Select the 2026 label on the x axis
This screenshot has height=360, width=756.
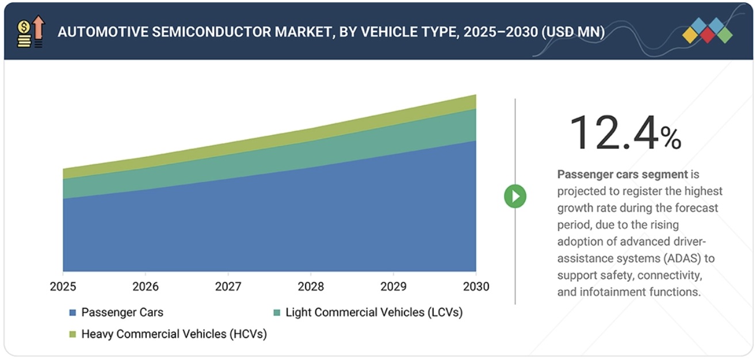pos(145,286)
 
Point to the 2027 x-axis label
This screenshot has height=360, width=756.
pos(228,286)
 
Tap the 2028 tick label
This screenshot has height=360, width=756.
pos(311,286)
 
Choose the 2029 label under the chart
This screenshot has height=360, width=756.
pos(394,286)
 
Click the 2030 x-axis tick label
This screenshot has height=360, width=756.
pos(475,286)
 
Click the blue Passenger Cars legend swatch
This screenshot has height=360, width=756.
pos(72,313)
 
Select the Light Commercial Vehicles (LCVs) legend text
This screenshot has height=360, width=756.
pos(373,312)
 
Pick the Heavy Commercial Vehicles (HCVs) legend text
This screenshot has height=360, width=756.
pos(174,334)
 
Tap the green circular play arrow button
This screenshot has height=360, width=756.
pos(515,197)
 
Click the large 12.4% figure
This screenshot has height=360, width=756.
pos(624,133)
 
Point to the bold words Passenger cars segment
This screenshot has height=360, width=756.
pos(622,174)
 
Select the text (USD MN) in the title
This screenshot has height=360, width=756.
pos(572,32)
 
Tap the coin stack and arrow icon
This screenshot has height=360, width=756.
pos(31,32)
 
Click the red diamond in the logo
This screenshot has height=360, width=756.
pos(707,36)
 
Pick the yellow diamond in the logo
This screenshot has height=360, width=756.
pos(690,36)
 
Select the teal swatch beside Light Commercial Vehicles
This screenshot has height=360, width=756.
pos(277,313)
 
